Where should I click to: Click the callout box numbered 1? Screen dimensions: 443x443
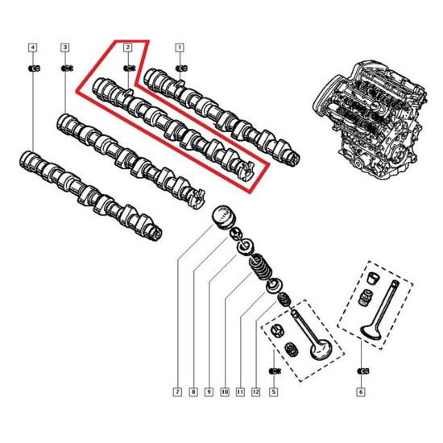click(x=180, y=48)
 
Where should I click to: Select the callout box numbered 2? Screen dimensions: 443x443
click(x=128, y=48)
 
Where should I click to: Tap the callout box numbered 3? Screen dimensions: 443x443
click(x=65, y=48)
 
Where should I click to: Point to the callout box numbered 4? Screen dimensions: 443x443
click(x=33, y=48)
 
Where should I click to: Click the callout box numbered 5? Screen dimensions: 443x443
click(x=274, y=392)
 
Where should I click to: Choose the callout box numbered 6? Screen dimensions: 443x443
click(x=361, y=392)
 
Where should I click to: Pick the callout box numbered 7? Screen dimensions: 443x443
click(x=177, y=392)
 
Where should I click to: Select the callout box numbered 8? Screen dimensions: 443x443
click(x=193, y=392)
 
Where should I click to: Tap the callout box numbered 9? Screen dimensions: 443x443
click(x=209, y=392)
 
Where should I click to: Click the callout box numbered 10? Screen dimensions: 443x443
click(x=225, y=392)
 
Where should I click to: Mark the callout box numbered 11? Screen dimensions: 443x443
click(x=240, y=392)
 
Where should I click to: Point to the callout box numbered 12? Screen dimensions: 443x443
click(x=255, y=392)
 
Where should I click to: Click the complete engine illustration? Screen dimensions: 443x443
click(x=371, y=118)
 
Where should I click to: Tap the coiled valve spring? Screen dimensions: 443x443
click(x=260, y=267)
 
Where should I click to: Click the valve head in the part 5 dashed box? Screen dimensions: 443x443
click(x=321, y=350)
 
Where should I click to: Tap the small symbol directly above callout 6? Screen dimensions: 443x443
click(x=362, y=371)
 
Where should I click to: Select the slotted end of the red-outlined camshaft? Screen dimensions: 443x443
click(x=246, y=171)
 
